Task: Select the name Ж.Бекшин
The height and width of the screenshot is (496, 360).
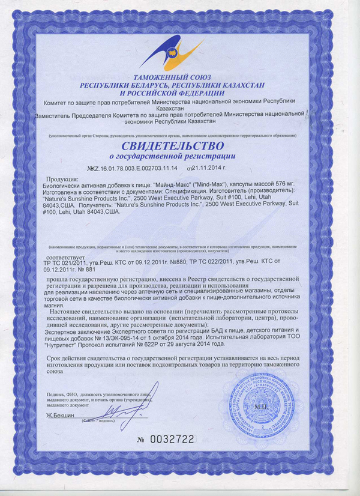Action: (58, 415)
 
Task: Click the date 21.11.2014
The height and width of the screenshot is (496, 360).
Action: (205, 170)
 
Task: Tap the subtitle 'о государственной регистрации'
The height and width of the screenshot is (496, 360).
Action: (173, 158)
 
